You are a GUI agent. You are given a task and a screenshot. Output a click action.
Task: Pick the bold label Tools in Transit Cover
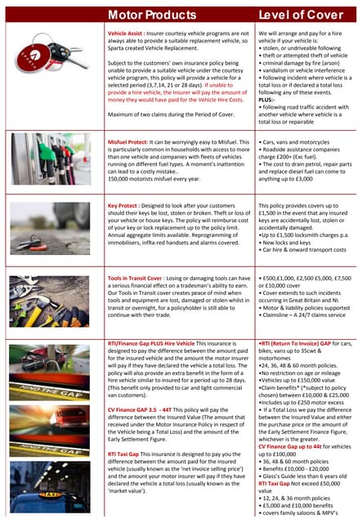(x=141, y=279)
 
